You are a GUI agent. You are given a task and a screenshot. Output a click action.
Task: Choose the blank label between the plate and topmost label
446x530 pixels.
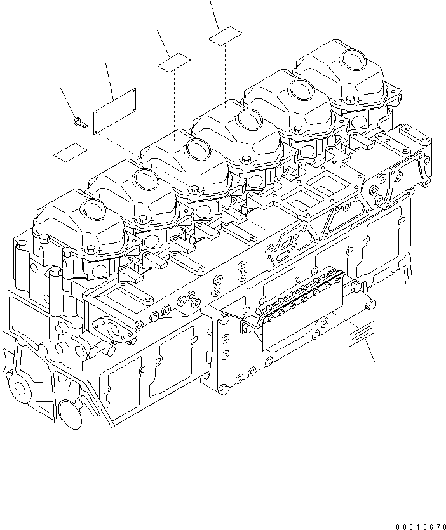point(174,62)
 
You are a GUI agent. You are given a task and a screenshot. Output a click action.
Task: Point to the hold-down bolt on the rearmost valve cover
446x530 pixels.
point(349,100)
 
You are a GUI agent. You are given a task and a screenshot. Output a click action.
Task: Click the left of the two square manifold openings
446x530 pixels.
point(296,205)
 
